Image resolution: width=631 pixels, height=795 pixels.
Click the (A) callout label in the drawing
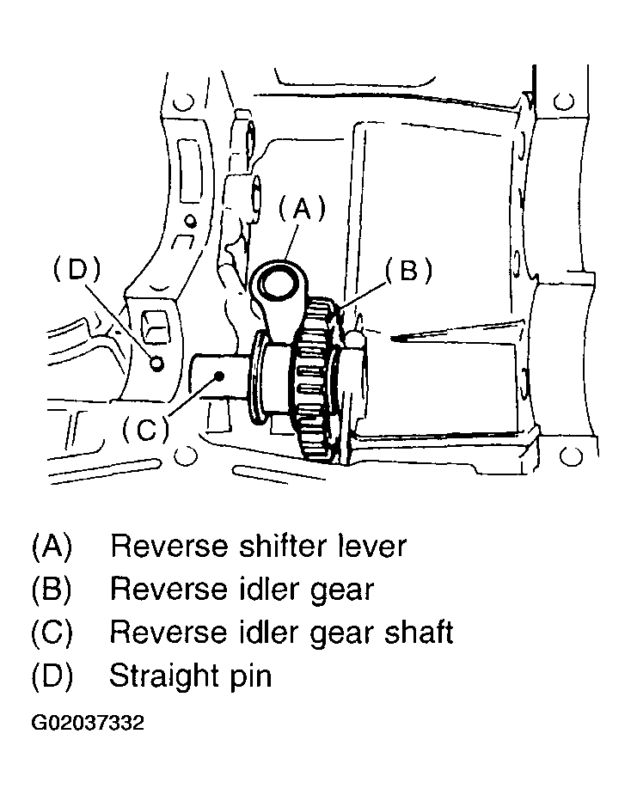point(303,210)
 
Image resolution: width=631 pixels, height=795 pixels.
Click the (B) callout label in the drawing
point(409,270)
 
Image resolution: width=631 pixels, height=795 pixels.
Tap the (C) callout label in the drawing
point(146,430)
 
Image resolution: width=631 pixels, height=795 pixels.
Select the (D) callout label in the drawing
point(77,269)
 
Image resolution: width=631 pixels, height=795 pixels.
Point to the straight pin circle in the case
point(157,363)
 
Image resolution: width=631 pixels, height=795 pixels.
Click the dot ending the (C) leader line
point(219,376)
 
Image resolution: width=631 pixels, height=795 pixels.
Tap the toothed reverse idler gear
point(317,380)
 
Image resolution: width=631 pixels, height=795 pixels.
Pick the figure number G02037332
point(88,723)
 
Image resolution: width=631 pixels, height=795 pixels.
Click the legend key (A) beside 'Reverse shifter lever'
point(52,547)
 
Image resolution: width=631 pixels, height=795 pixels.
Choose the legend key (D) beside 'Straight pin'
point(52,677)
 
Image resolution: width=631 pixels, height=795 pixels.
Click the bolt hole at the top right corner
point(564,101)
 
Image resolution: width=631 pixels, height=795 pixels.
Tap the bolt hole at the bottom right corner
point(571,456)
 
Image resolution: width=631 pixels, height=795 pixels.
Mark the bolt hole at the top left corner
point(183,101)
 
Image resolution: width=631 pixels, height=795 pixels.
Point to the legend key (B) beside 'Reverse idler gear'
point(52,590)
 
